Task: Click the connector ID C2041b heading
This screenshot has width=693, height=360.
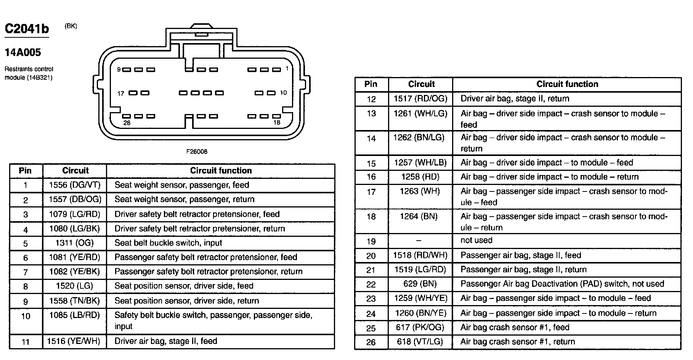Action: [x=27, y=29]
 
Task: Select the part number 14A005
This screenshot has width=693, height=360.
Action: [x=22, y=52]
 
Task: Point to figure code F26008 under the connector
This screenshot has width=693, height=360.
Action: [x=197, y=151]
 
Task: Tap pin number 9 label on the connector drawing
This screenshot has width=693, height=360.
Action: [x=119, y=69]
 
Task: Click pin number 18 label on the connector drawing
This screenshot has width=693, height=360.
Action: [x=277, y=122]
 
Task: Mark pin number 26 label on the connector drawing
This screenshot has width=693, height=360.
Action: [x=127, y=123]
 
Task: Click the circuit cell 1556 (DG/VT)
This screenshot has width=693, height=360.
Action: [x=75, y=185]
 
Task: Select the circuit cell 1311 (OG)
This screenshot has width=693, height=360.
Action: [x=75, y=243]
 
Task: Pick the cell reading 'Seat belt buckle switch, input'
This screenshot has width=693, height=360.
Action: [x=168, y=243]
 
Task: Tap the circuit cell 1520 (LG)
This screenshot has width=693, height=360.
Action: [x=75, y=286]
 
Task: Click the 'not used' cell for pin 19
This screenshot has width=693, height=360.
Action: [x=476, y=240]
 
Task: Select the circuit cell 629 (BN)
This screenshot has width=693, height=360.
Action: [x=420, y=284]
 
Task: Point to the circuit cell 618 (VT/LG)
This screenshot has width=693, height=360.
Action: [x=420, y=342]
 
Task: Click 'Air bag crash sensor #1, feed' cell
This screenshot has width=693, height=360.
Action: [x=515, y=327]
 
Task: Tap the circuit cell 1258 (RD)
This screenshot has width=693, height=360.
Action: [x=420, y=177]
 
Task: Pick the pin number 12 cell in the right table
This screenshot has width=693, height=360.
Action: [x=371, y=99]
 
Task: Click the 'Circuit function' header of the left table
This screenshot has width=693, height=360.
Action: [x=221, y=170]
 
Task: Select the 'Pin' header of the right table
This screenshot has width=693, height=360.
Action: [x=371, y=84]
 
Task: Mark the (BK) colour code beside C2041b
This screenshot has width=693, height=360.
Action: [x=71, y=26]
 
